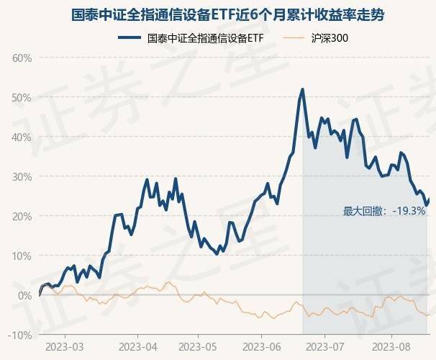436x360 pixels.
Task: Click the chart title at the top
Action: point(218,14)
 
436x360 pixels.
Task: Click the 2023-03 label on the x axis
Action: point(64,346)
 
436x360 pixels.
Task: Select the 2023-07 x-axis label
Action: point(324,346)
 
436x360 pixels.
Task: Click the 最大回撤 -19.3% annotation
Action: point(385,211)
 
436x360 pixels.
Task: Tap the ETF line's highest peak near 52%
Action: point(303,89)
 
